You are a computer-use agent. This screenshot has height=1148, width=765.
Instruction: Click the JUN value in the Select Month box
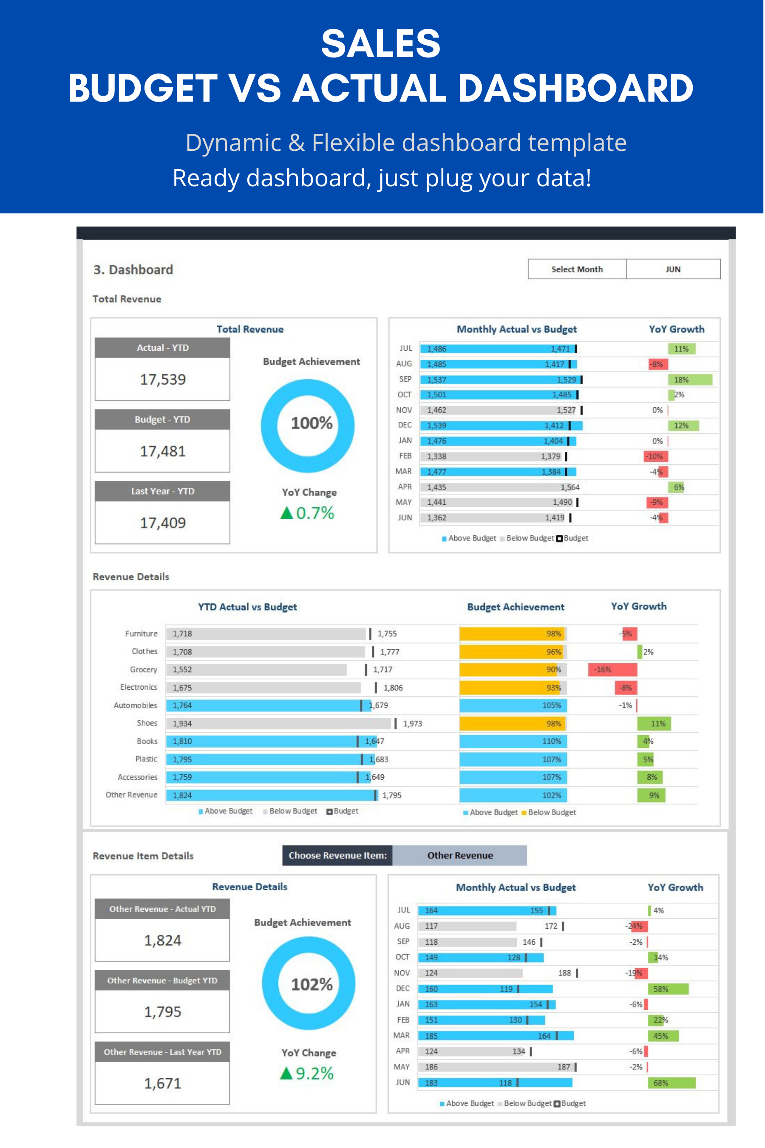(x=673, y=270)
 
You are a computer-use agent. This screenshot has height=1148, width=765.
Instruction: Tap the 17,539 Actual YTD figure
(x=162, y=379)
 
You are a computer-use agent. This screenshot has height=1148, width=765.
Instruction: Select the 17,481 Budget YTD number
(x=162, y=451)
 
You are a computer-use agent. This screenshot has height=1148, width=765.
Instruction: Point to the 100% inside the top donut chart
(x=311, y=423)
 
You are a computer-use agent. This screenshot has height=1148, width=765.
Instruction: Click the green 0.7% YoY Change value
(x=314, y=513)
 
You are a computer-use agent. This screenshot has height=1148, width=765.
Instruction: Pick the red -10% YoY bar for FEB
(x=656, y=456)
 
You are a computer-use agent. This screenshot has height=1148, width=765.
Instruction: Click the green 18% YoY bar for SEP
(x=689, y=380)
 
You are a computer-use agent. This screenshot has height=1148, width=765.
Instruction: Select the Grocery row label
(x=144, y=670)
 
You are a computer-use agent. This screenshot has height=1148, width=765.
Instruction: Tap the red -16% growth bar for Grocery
(x=612, y=670)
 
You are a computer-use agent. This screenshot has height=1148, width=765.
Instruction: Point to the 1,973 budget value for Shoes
(x=412, y=723)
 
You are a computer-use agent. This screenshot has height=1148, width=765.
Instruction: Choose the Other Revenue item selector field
(x=459, y=855)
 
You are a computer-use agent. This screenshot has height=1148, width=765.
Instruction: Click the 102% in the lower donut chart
(x=311, y=984)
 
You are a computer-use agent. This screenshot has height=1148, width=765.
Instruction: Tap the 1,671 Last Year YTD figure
(x=162, y=1083)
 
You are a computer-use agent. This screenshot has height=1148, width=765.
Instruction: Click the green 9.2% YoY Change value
(x=314, y=1073)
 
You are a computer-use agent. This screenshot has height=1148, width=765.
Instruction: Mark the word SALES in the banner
(x=380, y=43)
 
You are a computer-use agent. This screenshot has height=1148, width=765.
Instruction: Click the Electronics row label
(x=139, y=687)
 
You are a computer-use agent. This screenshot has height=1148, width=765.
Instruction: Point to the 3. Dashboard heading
(x=133, y=270)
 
